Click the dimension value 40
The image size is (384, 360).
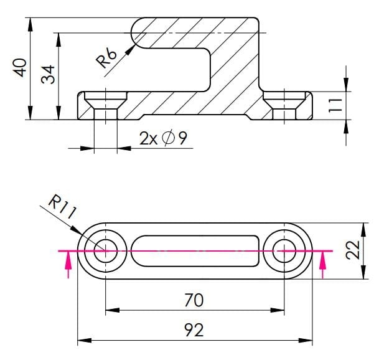click(x=21, y=67)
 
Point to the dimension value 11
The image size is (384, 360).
click(x=335, y=104)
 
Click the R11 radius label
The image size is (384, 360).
click(x=62, y=206)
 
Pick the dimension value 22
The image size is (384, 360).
click(x=352, y=250)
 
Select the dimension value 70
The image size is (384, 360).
click(x=194, y=300)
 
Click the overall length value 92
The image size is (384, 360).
click(x=194, y=330)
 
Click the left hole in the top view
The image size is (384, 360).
click(x=105, y=250)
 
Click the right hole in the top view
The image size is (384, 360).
click(x=284, y=250)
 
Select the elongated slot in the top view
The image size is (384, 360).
click(x=194, y=250)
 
